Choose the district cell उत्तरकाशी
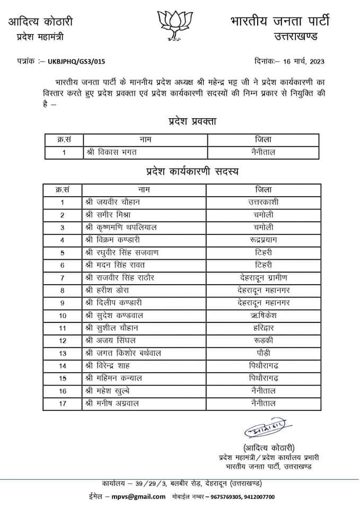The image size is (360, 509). pyautogui.click(x=264, y=202)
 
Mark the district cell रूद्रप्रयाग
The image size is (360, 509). pyautogui.click(x=264, y=240)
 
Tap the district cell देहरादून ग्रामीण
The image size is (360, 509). pyautogui.click(x=264, y=277)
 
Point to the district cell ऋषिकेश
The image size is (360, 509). pyautogui.click(x=264, y=315)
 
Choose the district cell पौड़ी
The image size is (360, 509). pyautogui.click(x=264, y=353)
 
